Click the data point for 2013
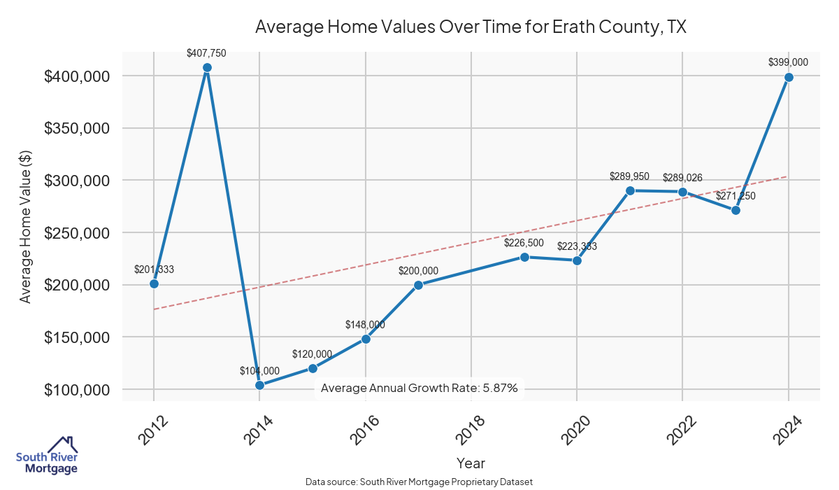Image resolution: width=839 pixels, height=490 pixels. point(207,68)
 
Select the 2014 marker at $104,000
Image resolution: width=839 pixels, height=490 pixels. point(259,385)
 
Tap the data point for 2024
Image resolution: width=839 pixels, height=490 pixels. point(789,77)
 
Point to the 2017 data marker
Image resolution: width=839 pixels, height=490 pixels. point(418,285)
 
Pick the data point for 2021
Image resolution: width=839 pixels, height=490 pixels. point(630,190)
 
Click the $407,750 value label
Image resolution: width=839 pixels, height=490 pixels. point(206,52)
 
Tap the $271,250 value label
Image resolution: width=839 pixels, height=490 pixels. point(736,196)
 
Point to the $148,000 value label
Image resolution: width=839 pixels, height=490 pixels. point(365,325)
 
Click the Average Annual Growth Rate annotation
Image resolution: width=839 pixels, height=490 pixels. point(419,388)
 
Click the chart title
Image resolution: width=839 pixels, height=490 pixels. point(471,27)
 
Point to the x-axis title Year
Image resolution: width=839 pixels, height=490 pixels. point(471,463)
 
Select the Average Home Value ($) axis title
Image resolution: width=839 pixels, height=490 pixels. point(26,233)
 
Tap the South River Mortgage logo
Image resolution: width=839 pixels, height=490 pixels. point(47,455)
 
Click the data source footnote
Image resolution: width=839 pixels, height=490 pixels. point(419,482)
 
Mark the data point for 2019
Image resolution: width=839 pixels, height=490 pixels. point(524,257)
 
